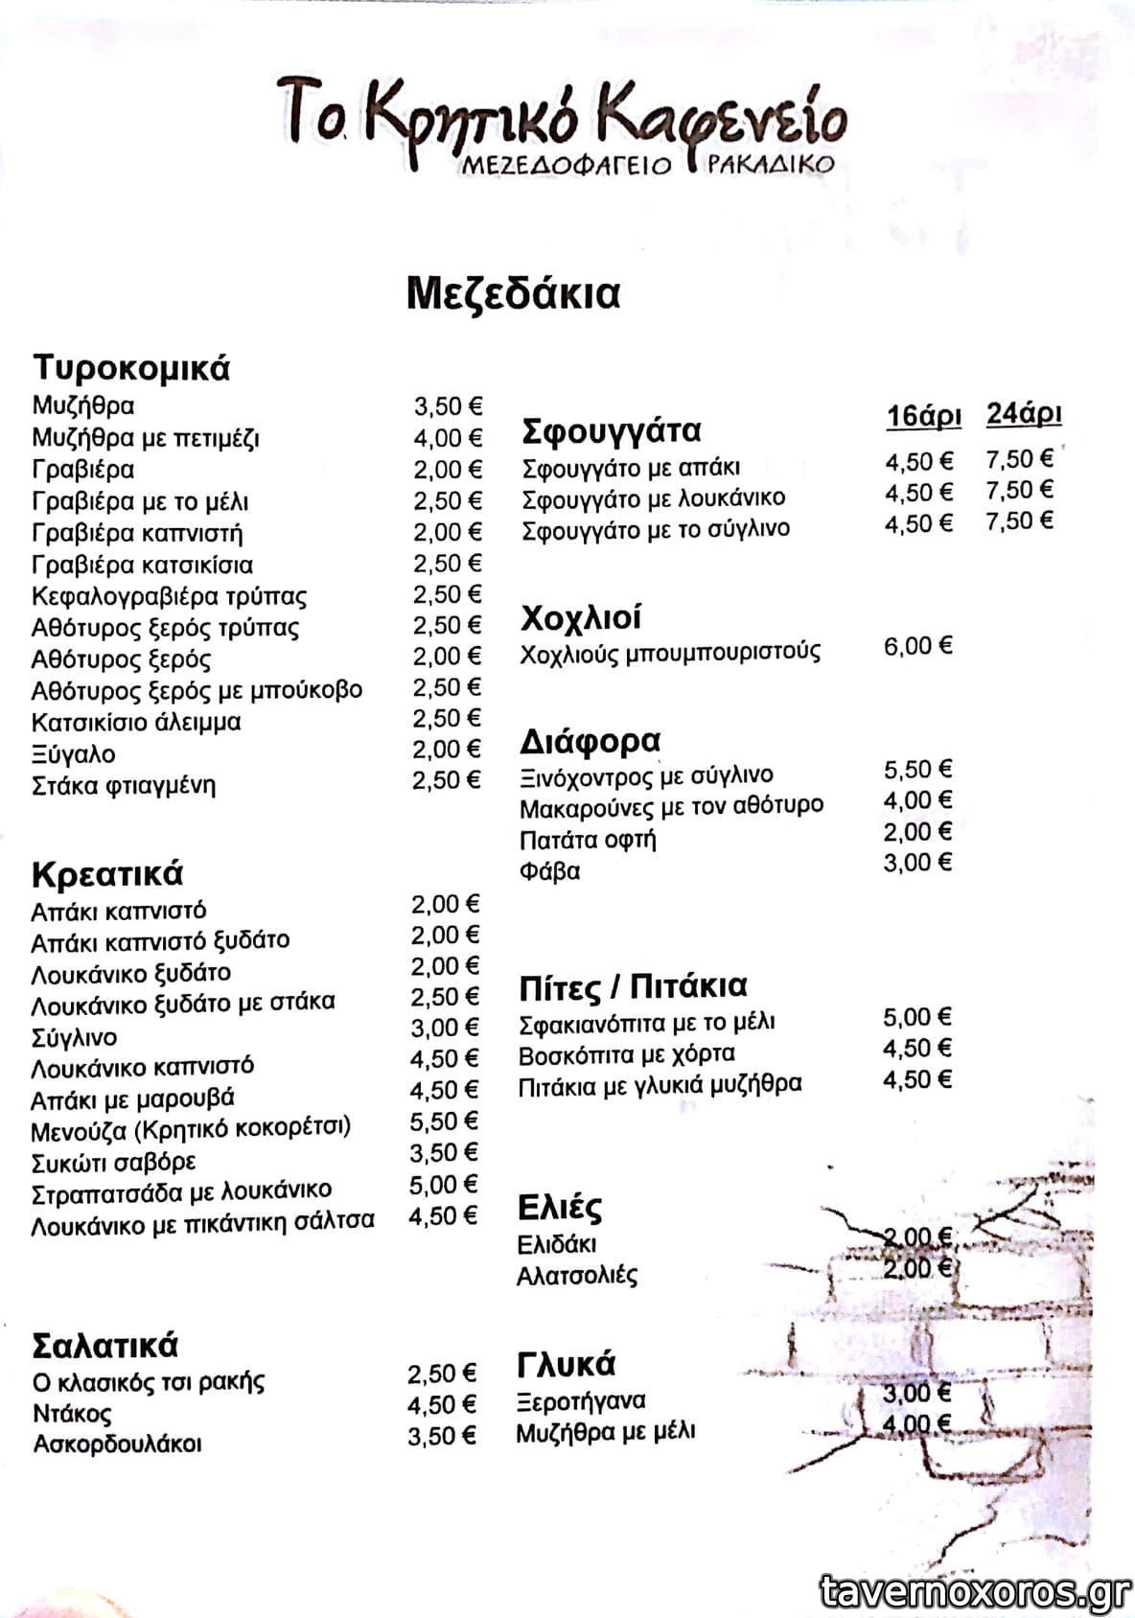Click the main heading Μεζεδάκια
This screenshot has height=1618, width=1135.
[513, 292]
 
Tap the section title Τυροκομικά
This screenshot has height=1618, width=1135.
[131, 368]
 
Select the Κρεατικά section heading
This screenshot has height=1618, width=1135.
[106, 874]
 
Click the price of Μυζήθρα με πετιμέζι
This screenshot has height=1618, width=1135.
[448, 438]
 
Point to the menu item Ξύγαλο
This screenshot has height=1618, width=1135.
[74, 754]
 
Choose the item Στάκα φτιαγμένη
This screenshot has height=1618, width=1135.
[124, 786]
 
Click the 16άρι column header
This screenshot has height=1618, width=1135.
[923, 416]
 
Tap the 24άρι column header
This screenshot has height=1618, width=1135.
[1024, 414]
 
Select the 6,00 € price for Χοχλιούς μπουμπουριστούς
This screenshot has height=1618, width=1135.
[917, 646]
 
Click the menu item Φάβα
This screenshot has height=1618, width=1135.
[549, 872]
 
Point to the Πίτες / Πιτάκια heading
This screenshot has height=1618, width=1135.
[633, 986]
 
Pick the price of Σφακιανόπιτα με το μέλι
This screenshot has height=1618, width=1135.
[917, 1017]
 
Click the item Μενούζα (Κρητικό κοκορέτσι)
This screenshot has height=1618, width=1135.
[191, 1129]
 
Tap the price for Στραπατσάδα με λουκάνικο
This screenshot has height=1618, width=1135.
[443, 1185]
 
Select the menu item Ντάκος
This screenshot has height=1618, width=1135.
[72, 1413]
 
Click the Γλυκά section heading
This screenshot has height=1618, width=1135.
[566, 1363]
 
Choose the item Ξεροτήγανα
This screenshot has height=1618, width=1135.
[581, 1401]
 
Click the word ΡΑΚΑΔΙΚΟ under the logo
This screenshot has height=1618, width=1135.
[771, 164]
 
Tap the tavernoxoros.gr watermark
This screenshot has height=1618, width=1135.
[975, 1591]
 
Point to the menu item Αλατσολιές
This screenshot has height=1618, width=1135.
[577, 1276]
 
